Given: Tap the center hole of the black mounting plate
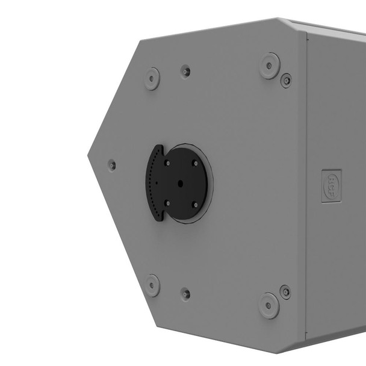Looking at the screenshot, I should pos(180,184).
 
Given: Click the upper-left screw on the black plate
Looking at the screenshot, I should pos(167,163).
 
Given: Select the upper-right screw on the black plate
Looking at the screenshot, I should pos(194,162).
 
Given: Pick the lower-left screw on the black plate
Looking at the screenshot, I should pos(167,203).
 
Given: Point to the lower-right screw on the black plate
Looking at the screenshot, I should pos(194,205).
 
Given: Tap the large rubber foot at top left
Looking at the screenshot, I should pos(152,78).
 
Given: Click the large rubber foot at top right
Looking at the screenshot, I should pos(270,65).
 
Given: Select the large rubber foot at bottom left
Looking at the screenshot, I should pos(152,285).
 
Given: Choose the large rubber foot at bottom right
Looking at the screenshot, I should pos(269,305).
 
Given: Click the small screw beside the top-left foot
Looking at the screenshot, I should pos(186,71).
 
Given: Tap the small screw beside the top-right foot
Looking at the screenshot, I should pos(286,79).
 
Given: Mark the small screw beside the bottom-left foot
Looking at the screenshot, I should pos(186,294).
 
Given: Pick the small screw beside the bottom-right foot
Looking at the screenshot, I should pos(285,293).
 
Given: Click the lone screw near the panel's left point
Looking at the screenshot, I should pos(111,164).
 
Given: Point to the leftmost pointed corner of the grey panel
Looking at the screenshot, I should pos(88,155).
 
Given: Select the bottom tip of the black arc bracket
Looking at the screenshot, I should pos(159,220).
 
